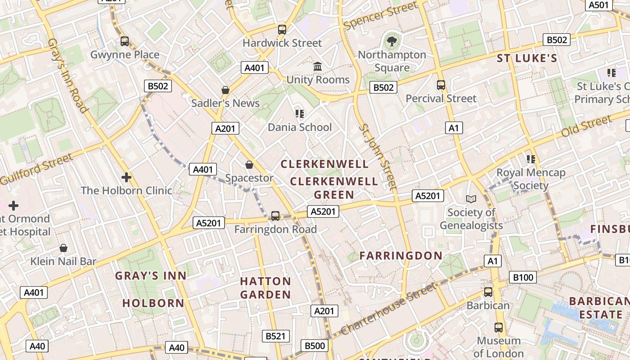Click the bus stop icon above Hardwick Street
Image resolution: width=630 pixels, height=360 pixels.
[282, 30]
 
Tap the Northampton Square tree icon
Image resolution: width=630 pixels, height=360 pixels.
[392, 41]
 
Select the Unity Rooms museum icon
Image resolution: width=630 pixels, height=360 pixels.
[318, 67]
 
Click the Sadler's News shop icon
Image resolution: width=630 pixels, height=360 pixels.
[225, 90]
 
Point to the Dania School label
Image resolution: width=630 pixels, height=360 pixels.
[300, 127]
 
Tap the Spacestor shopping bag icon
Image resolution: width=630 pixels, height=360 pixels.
[249, 165]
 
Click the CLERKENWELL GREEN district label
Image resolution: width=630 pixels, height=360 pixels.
[334, 188]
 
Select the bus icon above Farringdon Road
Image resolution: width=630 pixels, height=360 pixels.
[275, 216]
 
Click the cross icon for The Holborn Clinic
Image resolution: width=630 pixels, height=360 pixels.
[126, 177]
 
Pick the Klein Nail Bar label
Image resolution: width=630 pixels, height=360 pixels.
[63, 261]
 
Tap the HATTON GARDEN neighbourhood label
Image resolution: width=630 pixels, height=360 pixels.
[265, 288]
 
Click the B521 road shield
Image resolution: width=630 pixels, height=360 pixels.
[276, 336]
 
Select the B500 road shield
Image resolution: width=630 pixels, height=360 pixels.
[315, 346]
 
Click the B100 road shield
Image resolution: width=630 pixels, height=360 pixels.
[523, 277]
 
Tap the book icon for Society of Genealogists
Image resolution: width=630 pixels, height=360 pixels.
[471, 199]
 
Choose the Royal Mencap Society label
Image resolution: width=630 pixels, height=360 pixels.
[531, 179]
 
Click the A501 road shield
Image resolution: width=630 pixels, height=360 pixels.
[599, 5]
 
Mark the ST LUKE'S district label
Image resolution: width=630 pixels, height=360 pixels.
[527, 58]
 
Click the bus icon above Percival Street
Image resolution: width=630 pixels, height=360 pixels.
[441, 85]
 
